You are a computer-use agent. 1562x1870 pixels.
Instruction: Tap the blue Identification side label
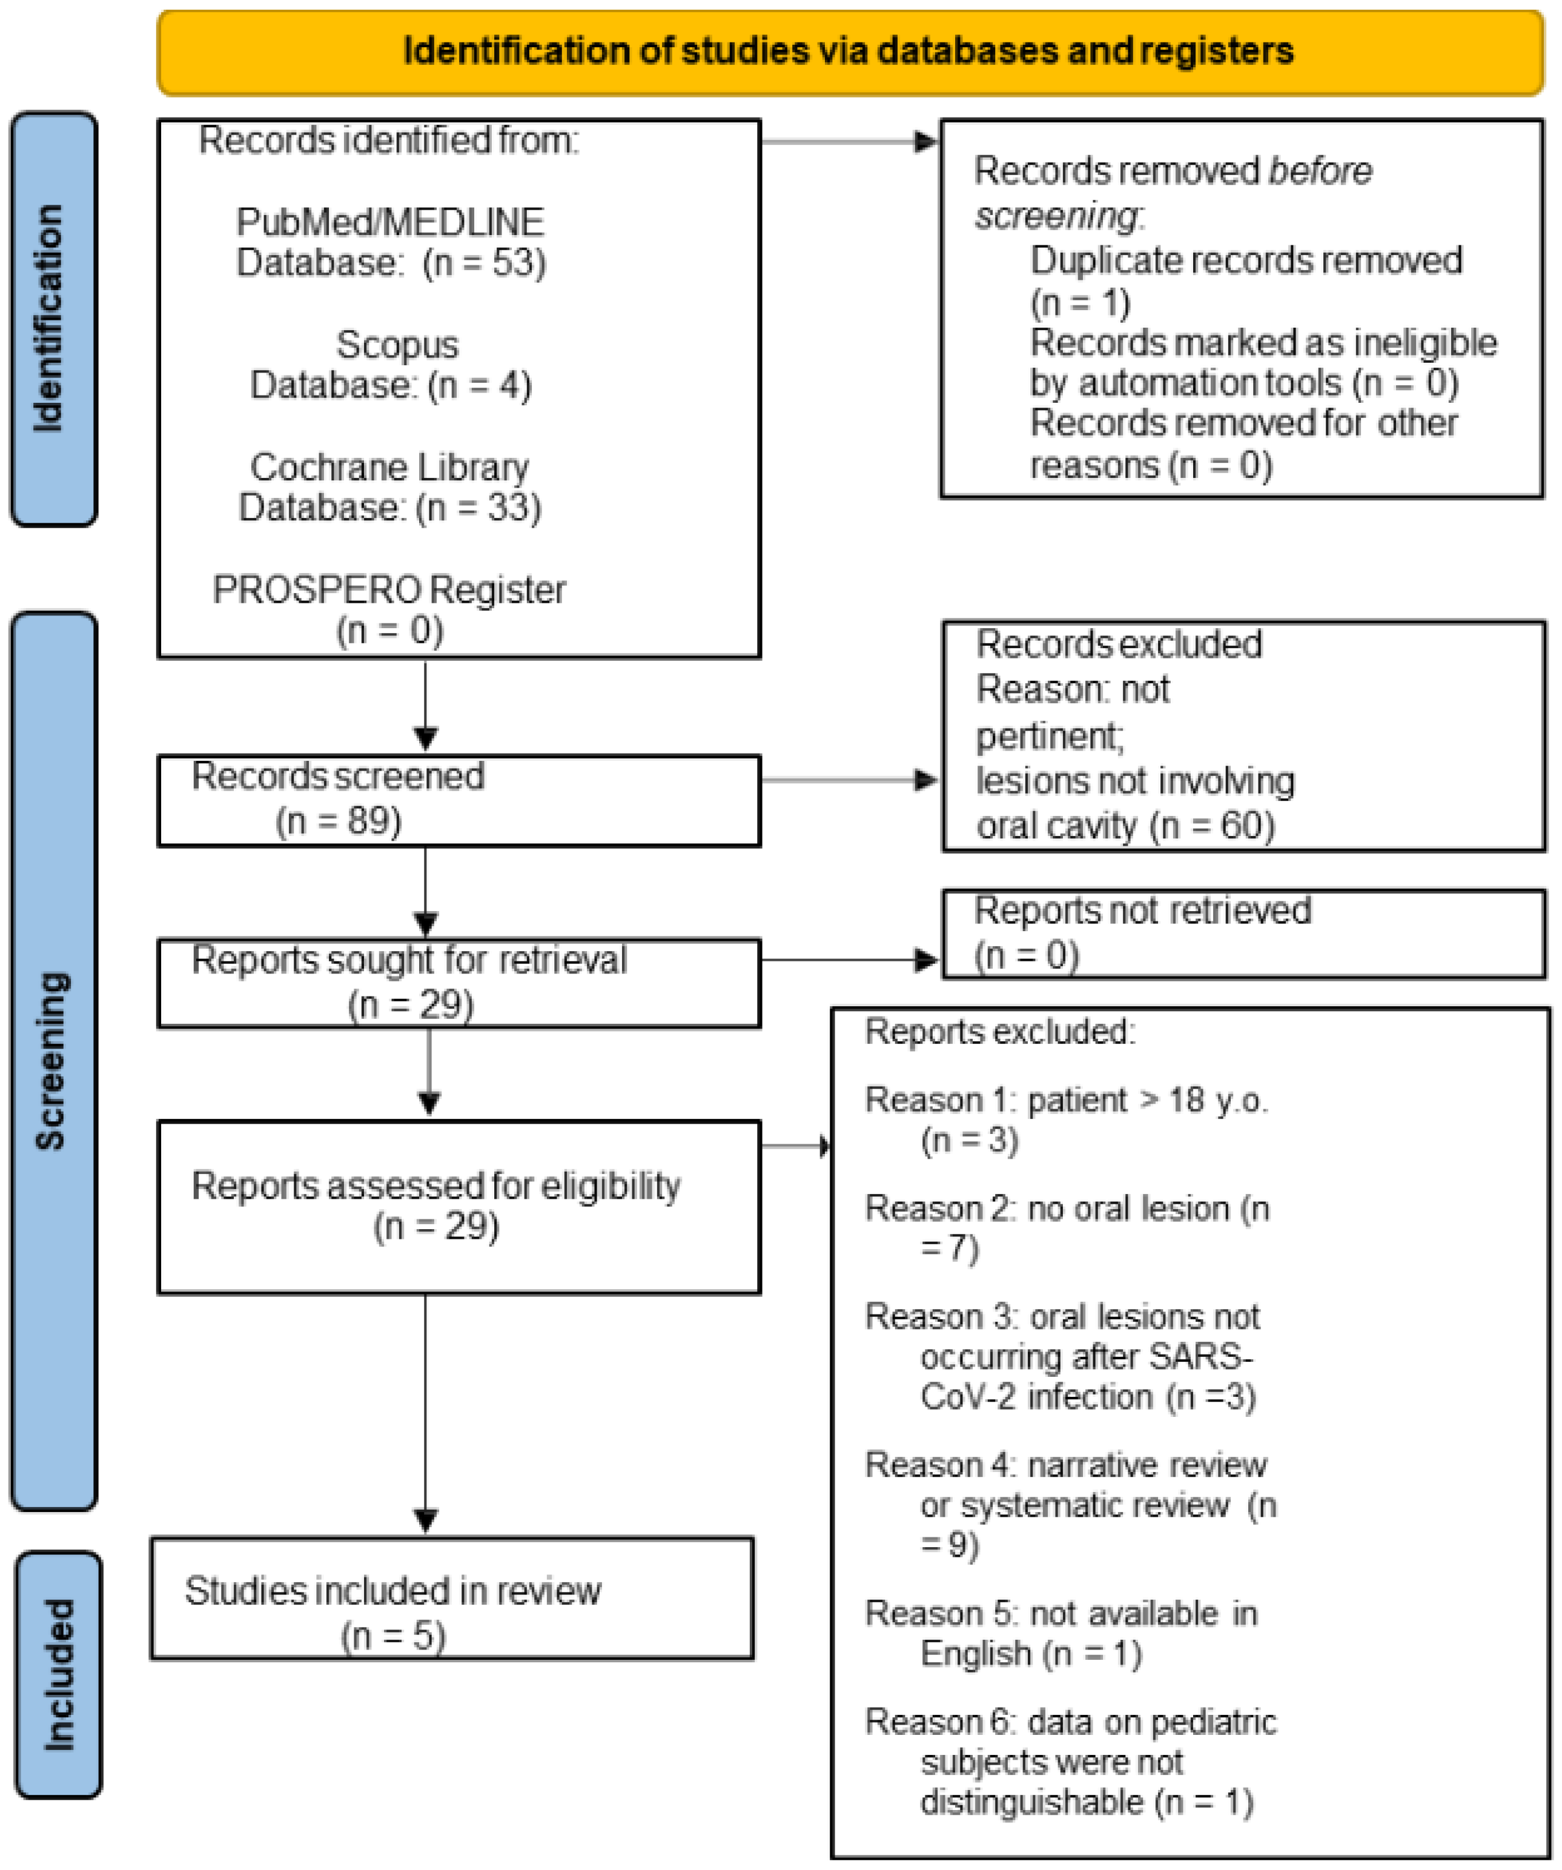[x=53, y=318]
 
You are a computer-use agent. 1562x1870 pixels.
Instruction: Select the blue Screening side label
[x=53, y=1059]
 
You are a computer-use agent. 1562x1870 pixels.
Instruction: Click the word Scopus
[x=397, y=345]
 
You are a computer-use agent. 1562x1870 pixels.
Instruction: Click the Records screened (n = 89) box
[x=458, y=800]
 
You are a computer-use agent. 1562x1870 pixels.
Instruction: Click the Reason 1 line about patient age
[x=1065, y=1101]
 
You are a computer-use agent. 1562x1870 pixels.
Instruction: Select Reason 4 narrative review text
[x=1065, y=1465]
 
